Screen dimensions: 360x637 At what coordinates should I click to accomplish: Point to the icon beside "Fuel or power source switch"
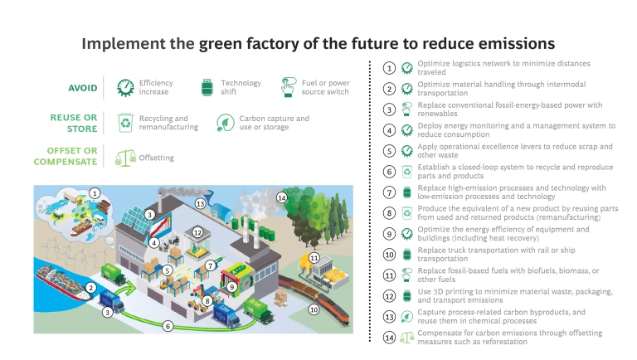click(x=288, y=87)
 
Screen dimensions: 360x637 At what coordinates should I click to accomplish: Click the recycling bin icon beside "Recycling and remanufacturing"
click(x=125, y=123)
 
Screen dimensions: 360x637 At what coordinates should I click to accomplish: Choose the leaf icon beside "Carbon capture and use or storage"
click(x=224, y=123)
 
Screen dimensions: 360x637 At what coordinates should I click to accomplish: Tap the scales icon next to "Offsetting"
click(x=125, y=157)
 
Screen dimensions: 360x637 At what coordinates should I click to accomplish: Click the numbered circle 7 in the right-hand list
click(x=389, y=192)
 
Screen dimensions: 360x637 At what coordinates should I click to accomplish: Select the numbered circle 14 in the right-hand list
click(x=389, y=338)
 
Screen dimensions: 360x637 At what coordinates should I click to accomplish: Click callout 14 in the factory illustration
click(x=281, y=197)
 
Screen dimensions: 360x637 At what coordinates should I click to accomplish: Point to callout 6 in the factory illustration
click(x=168, y=327)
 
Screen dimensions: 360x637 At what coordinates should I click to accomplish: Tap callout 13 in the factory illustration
click(x=200, y=202)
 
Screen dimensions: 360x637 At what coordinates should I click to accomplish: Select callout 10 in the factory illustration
click(x=314, y=309)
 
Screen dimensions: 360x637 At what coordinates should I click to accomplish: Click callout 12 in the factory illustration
click(x=197, y=233)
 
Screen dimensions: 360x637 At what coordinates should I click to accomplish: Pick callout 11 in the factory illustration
click(x=314, y=258)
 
